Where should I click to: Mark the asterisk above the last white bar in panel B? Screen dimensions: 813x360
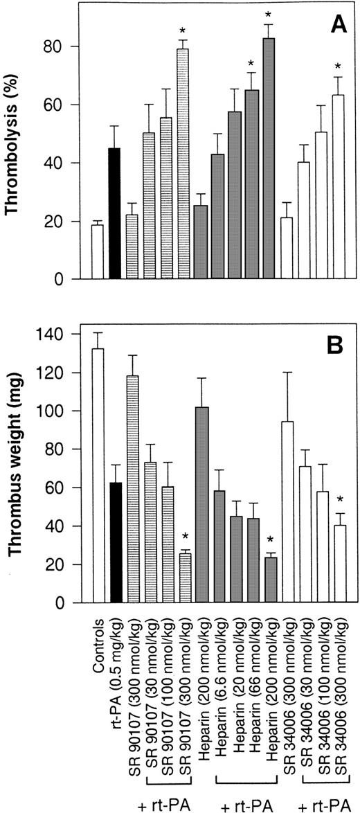tap(339, 500)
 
